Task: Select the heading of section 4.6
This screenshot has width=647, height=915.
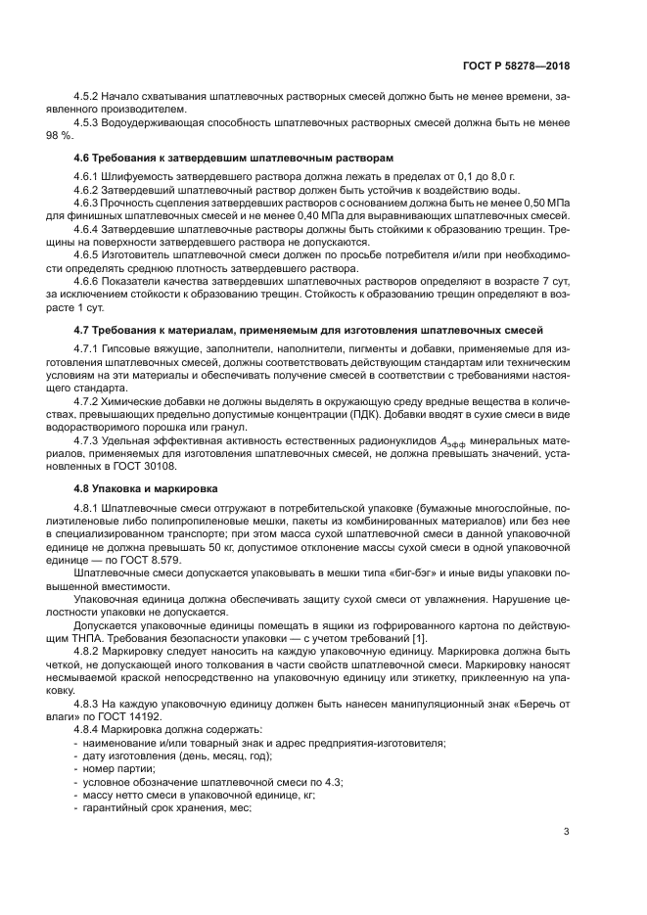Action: tap(234, 157)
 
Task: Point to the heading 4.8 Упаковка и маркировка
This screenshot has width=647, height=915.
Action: tap(147, 487)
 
